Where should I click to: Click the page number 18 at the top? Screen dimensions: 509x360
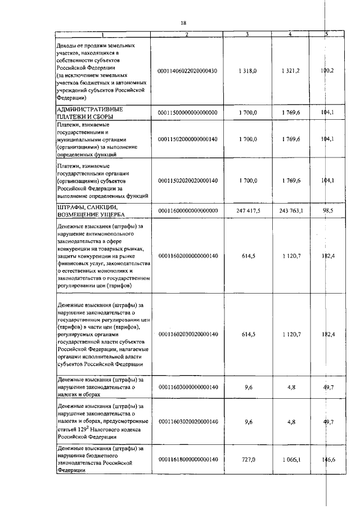(183, 22)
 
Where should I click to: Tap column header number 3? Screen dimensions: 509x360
(247, 35)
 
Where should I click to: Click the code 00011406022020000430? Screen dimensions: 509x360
(187, 71)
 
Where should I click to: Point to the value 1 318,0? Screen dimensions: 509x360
(247, 71)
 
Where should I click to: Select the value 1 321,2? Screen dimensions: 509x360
(291, 71)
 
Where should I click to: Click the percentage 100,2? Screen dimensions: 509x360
(327, 71)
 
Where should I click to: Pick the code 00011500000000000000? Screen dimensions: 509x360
(187, 112)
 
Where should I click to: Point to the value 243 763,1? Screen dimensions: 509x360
(291, 210)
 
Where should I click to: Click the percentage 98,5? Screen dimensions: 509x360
(328, 210)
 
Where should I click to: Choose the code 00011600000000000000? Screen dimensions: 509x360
(187, 210)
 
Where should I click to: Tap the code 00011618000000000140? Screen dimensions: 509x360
(187, 460)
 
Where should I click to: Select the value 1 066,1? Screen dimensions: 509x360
(292, 460)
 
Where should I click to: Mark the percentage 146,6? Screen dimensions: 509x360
(327, 460)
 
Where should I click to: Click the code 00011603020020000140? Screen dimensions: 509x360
(187, 420)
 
